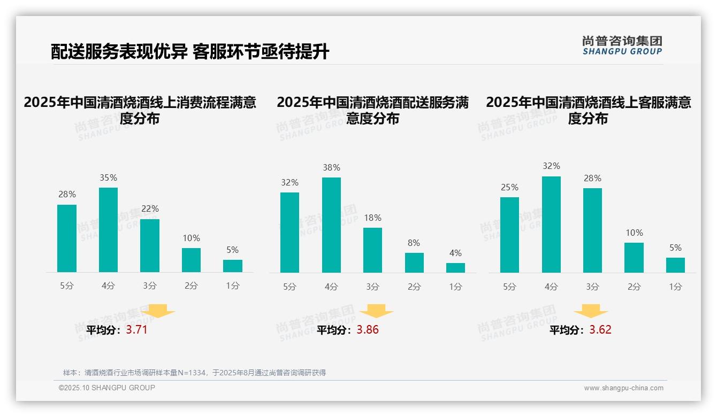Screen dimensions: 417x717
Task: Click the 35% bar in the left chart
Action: pos(108,230)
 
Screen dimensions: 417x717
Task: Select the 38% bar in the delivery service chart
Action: pos(331,225)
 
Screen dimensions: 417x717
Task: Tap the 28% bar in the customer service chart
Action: pos(592,230)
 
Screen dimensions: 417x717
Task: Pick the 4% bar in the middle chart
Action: pos(455,268)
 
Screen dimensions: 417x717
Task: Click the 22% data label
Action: pos(150,208)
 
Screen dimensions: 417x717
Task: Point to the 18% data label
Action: pos(373,218)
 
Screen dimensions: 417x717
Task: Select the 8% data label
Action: pos(414,243)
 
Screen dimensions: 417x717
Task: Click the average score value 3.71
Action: pos(136,330)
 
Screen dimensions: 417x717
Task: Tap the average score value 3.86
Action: pos(368,330)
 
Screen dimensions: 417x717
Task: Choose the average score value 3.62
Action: pos(600,330)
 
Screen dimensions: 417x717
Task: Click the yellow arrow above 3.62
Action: pos(591,311)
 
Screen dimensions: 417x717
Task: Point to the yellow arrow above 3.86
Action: pos(376,311)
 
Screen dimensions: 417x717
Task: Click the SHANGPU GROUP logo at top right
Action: pos(622,45)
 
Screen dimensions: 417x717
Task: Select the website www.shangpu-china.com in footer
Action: pos(623,388)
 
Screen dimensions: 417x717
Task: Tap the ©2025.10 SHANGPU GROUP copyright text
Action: pos(107,388)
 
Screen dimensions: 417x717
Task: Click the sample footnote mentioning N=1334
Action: pos(194,373)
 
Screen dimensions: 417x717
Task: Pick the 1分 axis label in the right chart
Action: pos(675,287)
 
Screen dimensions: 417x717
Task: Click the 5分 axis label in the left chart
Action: pos(67,286)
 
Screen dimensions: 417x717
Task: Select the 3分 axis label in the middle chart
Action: pos(373,287)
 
